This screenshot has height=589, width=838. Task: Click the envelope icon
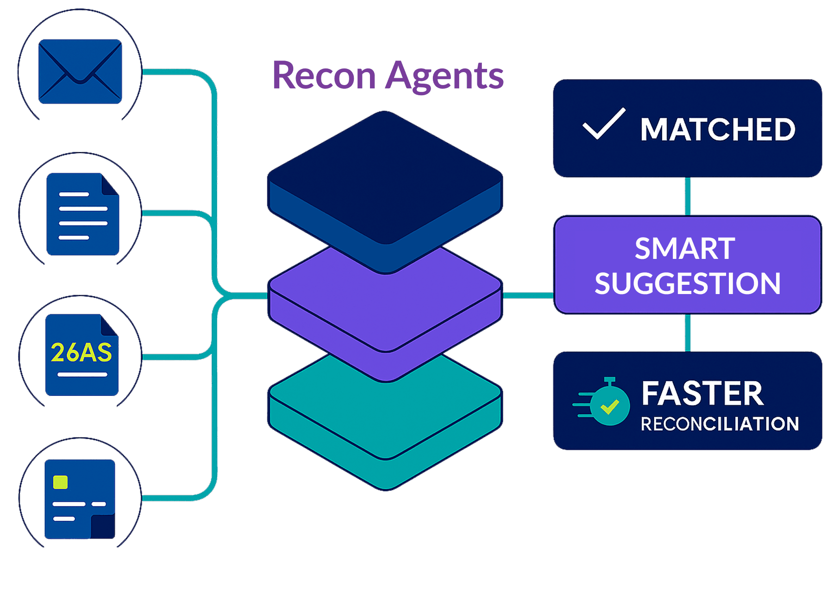(80, 71)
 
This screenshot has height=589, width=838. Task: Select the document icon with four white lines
(83, 214)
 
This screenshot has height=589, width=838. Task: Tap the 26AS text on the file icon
(81, 352)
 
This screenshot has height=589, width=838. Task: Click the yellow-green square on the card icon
(61, 482)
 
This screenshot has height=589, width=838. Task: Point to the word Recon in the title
(324, 76)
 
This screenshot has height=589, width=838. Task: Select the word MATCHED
(718, 129)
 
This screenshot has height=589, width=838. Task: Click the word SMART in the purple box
(685, 249)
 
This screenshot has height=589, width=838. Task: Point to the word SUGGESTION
(688, 283)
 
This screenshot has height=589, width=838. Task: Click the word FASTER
(702, 394)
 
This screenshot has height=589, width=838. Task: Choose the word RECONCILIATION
(720, 424)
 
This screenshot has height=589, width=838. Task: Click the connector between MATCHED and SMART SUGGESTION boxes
(688, 196)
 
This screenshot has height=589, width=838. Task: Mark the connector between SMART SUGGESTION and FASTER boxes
(688, 333)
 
